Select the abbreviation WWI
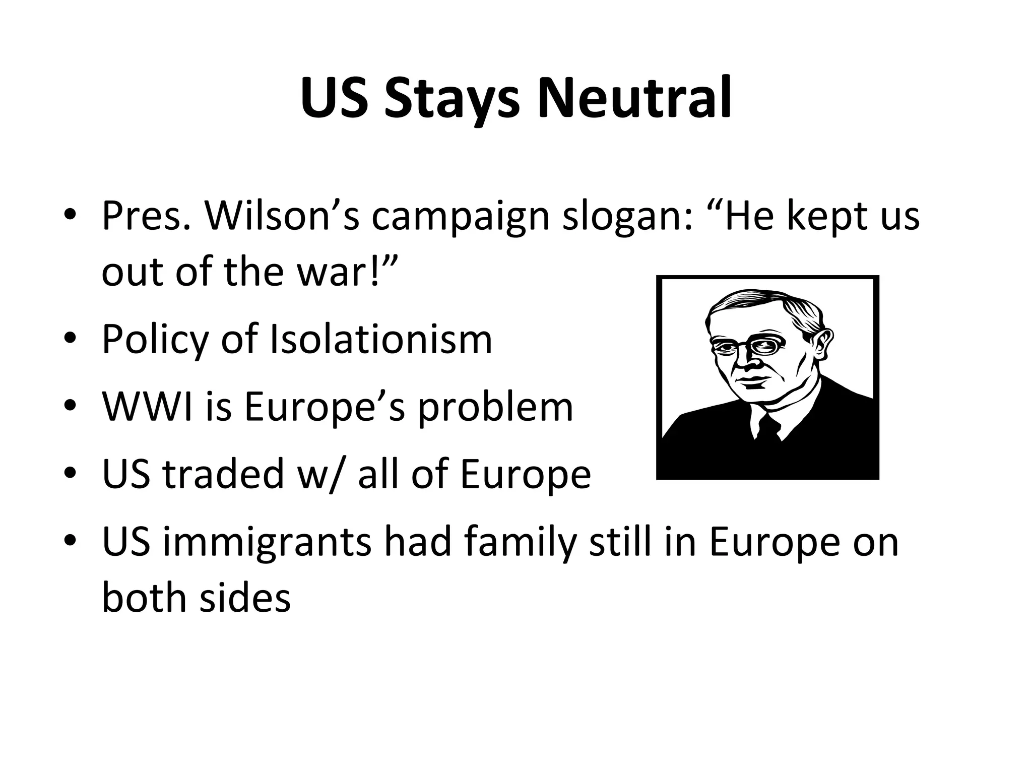coord(147,407)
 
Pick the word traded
coord(223,474)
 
